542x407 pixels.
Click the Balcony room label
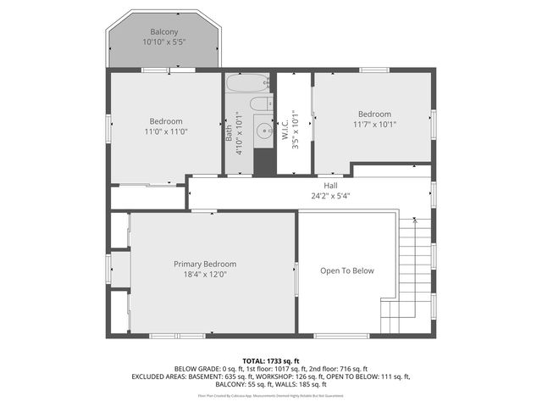pos(163,32)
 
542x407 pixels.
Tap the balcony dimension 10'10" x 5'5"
pos(163,42)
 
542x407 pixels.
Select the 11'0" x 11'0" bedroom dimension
pos(166,131)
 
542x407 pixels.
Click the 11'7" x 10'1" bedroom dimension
pos(373,125)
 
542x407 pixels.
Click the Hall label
pos(330,186)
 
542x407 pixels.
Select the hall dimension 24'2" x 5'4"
pos(330,196)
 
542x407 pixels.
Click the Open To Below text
pos(346,271)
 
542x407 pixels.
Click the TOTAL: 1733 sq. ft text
pos(270,360)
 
